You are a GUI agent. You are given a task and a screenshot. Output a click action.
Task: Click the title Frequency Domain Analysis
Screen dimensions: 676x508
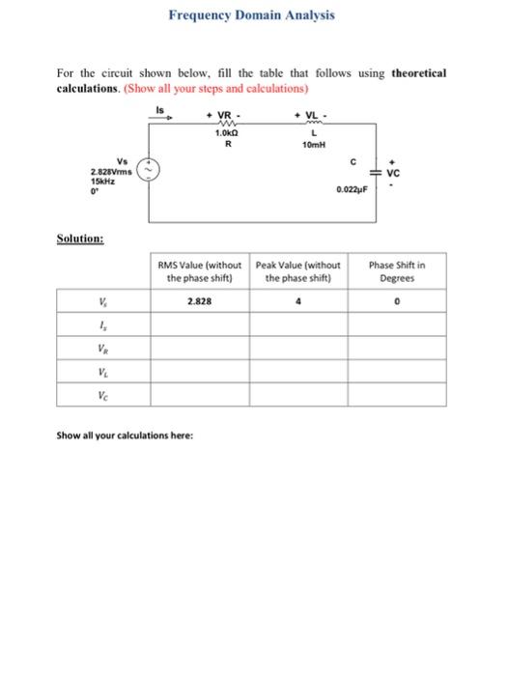pyautogui.click(x=252, y=15)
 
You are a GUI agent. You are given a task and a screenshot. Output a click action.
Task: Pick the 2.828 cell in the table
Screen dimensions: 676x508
pyautogui.click(x=200, y=300)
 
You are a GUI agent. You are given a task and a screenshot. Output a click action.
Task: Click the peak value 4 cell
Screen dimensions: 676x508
pyautogui.click(x=298, y=300)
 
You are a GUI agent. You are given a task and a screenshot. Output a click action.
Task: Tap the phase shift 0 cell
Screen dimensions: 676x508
pyautogui.click(x=398, y=300)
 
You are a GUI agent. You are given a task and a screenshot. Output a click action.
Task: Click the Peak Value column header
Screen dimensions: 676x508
pyautogui.click(x=298, y=271)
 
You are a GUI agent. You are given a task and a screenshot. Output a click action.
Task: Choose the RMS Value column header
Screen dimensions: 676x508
pyautogui.click(x=200, y=271)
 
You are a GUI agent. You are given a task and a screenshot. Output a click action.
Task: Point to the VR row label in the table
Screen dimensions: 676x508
pyautogui.click(x=103, y=347)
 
